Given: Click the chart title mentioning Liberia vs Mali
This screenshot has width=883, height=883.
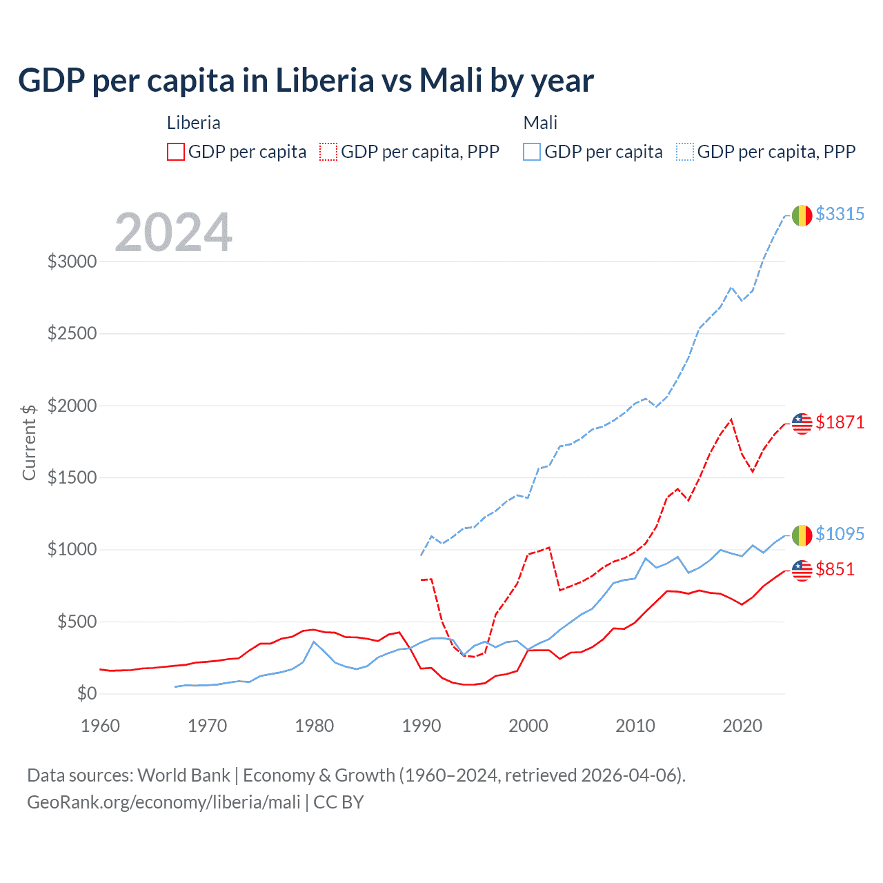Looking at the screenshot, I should pos(306,80).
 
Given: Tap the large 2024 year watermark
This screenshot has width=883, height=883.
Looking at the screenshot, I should pos(173,232).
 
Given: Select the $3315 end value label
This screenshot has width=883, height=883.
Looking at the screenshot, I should pos(840,214).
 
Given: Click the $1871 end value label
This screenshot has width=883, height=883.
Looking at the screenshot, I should pos(840,422).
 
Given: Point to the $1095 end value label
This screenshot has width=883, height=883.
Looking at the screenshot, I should pos(840,534).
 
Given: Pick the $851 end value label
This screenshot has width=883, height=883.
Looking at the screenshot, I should pos(835,569).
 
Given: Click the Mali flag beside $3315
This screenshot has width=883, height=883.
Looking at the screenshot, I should pos(802,215).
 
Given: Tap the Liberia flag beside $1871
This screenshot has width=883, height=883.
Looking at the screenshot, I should pos(802,424).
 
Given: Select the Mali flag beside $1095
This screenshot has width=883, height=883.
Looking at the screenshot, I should pos(802,535).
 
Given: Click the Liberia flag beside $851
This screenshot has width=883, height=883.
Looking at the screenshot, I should pos(802,571).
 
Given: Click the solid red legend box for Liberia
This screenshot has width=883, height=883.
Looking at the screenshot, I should pos(176,152).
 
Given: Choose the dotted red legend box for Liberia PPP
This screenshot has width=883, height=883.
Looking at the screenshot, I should pos(329,152).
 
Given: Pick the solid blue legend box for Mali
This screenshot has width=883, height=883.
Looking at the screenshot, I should pos(532,152).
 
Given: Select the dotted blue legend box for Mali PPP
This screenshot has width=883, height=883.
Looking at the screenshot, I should pos(685,152).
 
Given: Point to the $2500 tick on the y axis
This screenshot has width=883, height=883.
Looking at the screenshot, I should pos(72,334).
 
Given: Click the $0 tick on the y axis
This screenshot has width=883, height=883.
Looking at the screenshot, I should pos(86,694).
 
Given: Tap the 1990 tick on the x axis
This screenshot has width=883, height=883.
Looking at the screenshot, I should pos(421,726).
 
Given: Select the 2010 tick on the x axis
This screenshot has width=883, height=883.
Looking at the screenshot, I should pos(635,726).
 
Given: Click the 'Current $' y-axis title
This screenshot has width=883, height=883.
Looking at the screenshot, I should pos(29,442).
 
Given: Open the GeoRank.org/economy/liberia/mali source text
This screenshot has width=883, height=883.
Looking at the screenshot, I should pos(163,802).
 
